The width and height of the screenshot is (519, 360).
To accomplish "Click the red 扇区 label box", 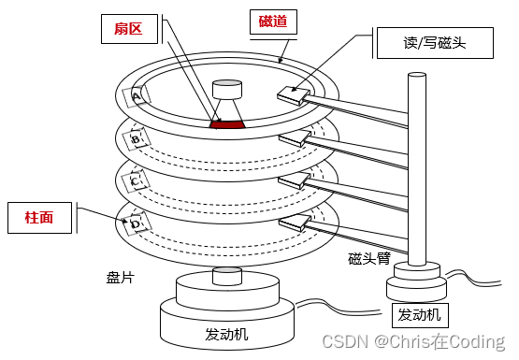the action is coord(129,29).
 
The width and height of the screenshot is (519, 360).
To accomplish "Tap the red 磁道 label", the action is coord(273,22).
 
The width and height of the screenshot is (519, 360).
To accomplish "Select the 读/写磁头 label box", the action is coord(435,43).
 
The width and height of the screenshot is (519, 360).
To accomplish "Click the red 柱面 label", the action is coord(39,218).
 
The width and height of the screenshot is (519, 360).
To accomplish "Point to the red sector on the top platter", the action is coord(227,124).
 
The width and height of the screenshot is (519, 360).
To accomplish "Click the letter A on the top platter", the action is coord(136,97).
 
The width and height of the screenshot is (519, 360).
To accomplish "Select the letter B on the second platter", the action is coord(136,139).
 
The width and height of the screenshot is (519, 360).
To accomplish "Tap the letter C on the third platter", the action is coord(135,181).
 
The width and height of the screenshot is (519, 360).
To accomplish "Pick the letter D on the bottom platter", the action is coord(136,224).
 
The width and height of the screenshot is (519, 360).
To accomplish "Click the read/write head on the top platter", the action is coord(294,95).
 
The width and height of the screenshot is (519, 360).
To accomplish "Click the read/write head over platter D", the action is coord(295,223).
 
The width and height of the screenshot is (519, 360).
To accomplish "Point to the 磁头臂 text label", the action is coord(369,258).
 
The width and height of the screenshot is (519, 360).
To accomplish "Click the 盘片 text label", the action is coord(120,278).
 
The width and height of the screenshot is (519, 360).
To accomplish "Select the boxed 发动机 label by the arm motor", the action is coord(420,315).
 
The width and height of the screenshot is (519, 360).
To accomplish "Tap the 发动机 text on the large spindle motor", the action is coord(226,334).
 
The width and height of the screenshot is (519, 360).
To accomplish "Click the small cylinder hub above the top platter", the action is coord(227,89).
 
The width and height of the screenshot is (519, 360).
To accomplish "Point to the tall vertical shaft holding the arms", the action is coord(417,168).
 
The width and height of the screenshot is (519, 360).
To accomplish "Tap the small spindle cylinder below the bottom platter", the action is coord(227,276).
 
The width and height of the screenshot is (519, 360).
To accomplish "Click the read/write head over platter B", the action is coord(295,138).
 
